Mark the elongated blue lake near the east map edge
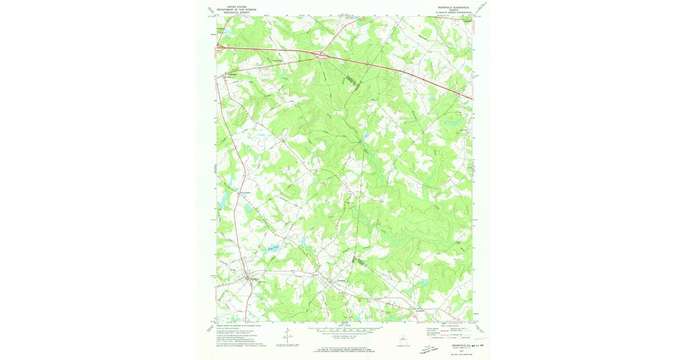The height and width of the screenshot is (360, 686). [452, 123]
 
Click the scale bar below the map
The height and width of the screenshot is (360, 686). [344, 330]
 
